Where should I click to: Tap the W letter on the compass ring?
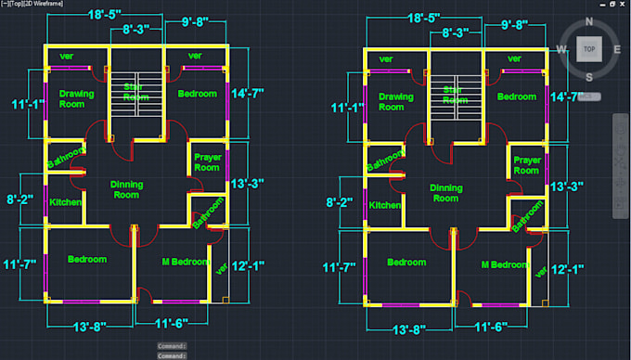coord(562,49)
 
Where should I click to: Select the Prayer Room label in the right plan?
coord(527,165)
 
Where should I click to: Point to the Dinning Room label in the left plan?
coord(126,189)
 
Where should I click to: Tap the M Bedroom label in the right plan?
coord(505,264)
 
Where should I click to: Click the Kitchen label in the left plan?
coord(65,202)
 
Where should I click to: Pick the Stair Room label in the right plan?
coord(453,96)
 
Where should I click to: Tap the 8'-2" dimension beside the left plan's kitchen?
coord(20,199)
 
